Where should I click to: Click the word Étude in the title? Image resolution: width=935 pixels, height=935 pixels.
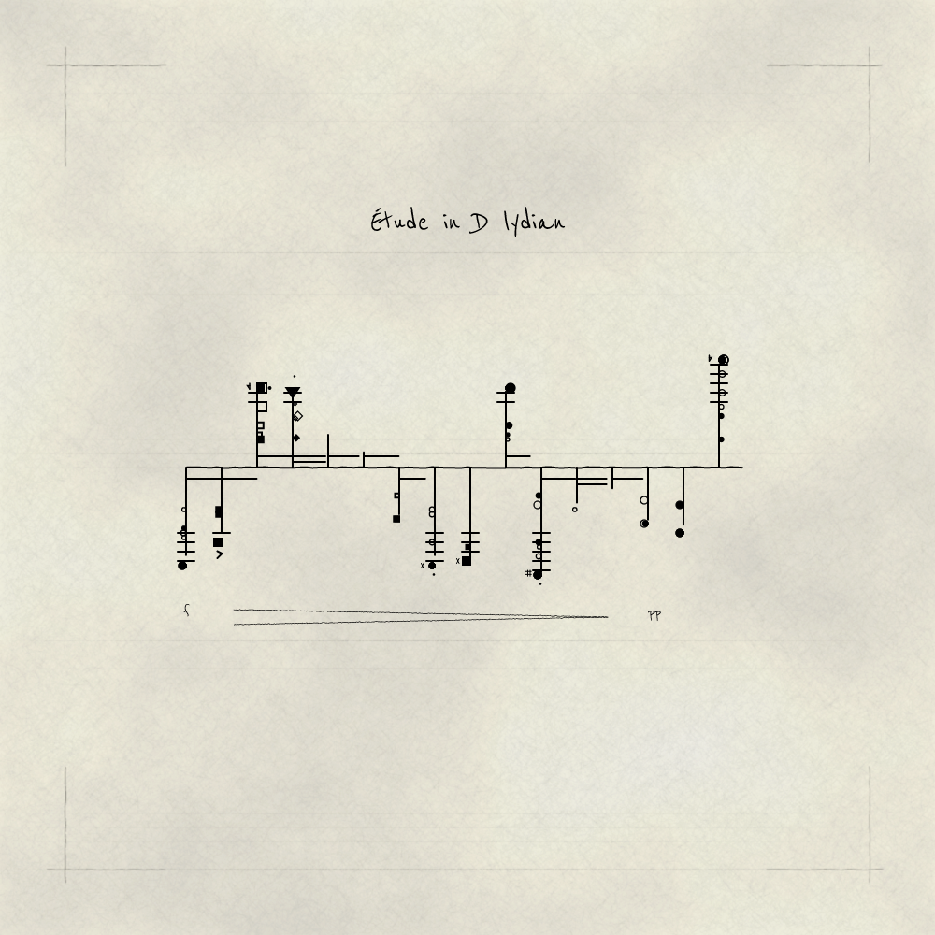pos(399,222)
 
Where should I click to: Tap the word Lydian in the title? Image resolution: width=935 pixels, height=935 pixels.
pos(534,223)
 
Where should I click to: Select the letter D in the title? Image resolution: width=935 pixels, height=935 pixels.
pos(478,223)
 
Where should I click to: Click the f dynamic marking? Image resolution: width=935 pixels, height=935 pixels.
pos(187,610)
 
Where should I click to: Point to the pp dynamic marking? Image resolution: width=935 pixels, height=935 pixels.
pos(654,615)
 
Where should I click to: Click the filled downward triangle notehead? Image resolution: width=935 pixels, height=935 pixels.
pos(292,393)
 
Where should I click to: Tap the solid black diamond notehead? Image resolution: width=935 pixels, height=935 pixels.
pos(296,438)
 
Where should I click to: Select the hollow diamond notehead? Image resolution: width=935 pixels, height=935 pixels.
pos(298,416)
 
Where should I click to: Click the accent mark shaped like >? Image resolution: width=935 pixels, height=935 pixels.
pos(220,554)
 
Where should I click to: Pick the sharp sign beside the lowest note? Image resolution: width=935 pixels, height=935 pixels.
pos(528,574)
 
